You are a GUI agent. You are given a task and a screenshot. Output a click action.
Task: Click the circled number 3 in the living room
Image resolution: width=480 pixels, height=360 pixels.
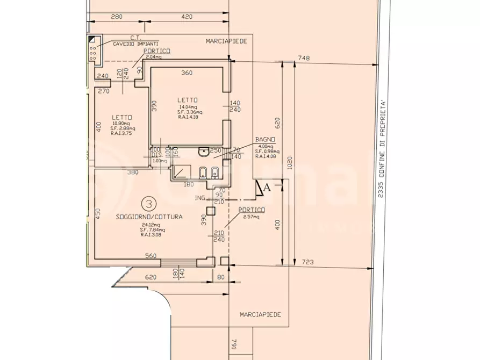(x=148, y=204)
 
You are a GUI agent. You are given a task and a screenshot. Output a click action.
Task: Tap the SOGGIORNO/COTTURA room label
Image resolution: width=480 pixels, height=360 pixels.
(x=149, y=218)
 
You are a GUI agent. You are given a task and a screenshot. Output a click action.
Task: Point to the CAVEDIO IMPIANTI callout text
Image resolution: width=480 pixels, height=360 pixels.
(x=135, y=44)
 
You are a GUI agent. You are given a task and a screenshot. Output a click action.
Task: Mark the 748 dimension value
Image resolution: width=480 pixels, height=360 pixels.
(x=305, y=58)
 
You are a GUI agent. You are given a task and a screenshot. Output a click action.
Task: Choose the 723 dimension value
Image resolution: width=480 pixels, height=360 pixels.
(x=307, y=262)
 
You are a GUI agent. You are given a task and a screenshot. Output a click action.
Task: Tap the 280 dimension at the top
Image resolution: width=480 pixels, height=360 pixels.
(x=117, y=17)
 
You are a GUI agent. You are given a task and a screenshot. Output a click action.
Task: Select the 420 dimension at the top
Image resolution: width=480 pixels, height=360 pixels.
(x=187, y=17)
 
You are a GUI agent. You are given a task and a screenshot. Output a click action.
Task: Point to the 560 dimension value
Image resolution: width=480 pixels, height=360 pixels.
(x=151, y=256)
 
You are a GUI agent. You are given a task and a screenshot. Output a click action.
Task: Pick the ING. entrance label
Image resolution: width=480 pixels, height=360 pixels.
(x=201, y=198)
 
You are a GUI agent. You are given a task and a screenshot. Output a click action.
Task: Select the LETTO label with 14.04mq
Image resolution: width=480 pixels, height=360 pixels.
(x=189, y=100)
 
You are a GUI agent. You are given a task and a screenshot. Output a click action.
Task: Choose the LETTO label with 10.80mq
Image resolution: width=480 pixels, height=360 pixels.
(x=123, y=118)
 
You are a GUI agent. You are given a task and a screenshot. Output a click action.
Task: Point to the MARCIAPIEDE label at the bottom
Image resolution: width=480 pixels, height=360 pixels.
(x=261, y=315)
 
